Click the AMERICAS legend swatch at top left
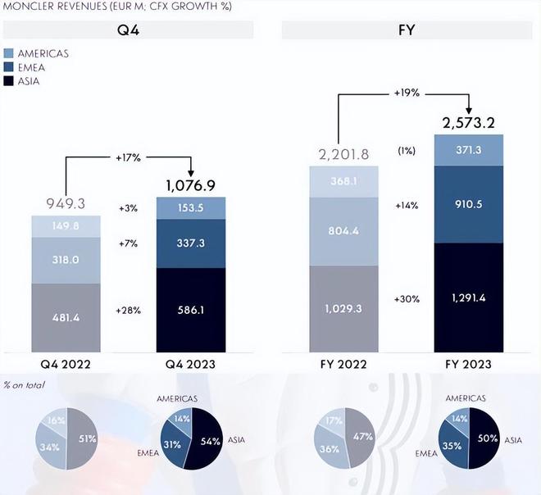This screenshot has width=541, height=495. pos(9,53)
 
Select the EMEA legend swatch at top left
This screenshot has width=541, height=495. pos(9,67)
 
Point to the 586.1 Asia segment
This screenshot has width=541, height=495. pos(191,311)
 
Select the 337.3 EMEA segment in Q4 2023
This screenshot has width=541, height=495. pos(191,243)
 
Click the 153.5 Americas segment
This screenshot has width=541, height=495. pos(191,207)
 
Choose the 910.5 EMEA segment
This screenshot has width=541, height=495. pos(469,205)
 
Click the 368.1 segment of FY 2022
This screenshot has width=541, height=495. pos(343,182)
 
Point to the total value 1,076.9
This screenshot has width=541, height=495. pos(191,186)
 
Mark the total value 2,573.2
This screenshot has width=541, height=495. pos(469,123)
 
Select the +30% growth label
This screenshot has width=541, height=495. pos(407,298)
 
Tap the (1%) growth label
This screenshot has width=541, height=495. pos(407,152)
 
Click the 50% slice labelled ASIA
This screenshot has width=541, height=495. pos(484,438)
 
